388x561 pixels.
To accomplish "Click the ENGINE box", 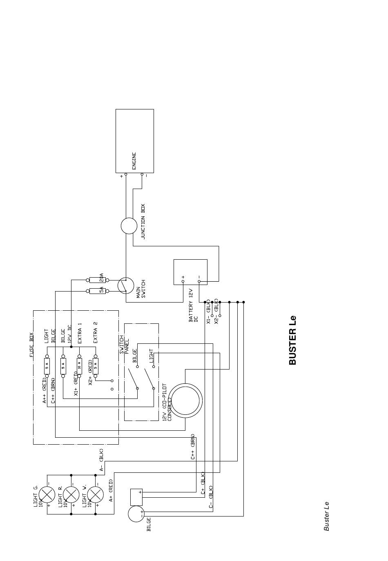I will [135, 141].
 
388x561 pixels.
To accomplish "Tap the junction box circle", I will [129, 226].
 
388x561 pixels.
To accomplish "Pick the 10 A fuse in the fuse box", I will [79, 365].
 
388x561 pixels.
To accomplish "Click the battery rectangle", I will [190, 272].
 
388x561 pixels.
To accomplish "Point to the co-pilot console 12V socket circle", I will [186, 401].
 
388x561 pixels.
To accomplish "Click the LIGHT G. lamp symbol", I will [47, 495].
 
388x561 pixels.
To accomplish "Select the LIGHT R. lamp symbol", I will [71, 495].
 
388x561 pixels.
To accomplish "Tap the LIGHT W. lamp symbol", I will [96, 495].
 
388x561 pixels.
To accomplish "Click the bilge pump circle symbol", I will [136, 514].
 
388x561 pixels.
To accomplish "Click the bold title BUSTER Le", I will [292, 340].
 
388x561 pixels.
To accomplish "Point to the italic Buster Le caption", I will [326, 516].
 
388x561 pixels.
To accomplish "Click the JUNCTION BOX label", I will [143, 221].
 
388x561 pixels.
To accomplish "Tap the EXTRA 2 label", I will [96, 332].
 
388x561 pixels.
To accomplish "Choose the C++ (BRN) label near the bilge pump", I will [193, 447].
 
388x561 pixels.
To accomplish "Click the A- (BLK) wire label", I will [101, 460].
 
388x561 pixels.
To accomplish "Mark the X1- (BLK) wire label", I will [208, 311].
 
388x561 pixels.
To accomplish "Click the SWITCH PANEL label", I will [124, 345].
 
